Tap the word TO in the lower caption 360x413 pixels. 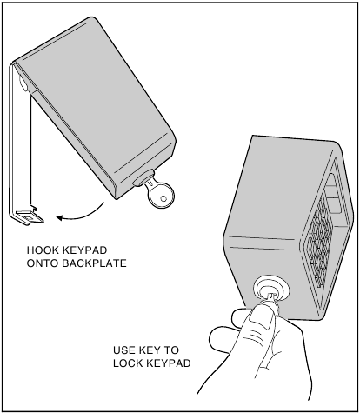point(171,350)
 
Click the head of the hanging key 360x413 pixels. point(161,196)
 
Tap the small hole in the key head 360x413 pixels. point(163,199)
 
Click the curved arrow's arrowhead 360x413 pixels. point(59,217)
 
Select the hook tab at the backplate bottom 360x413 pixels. point(30,216)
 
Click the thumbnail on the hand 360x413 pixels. point(261,319)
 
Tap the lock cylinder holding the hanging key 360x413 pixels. point(143,177)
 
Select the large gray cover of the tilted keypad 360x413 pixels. point(96,107)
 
